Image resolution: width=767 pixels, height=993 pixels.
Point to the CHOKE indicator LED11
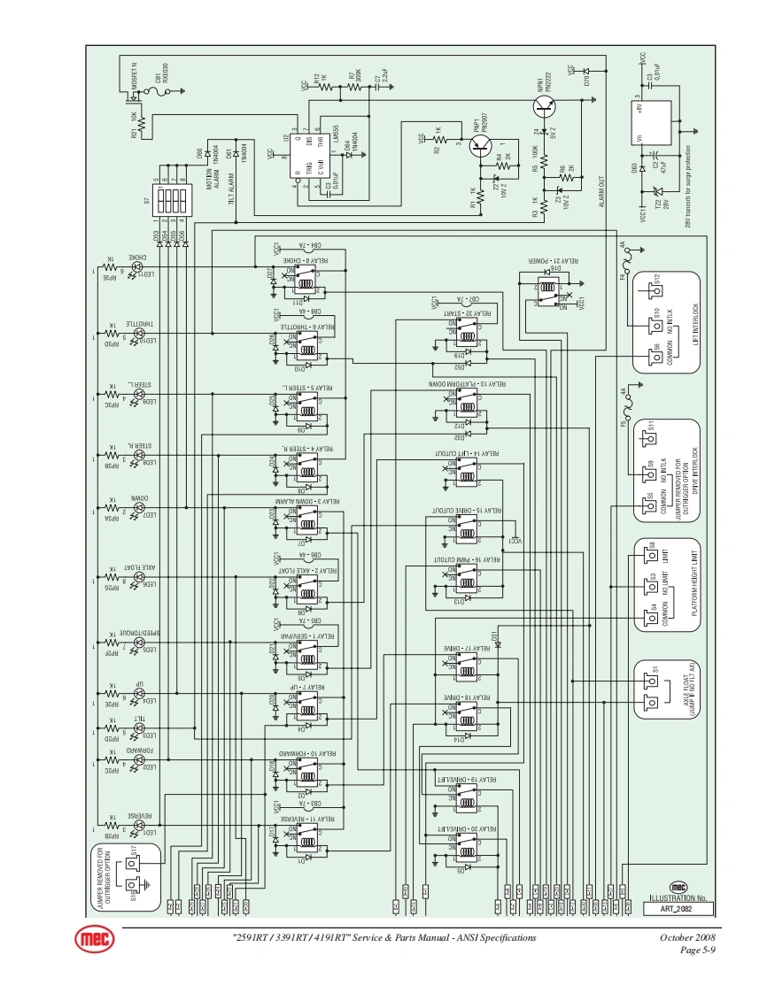click(136, 266)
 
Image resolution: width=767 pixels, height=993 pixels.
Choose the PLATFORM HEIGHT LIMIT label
click(695, 585)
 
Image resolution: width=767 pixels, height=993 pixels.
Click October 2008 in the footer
click(687, 937)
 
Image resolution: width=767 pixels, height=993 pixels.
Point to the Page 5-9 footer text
click(698, 951)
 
